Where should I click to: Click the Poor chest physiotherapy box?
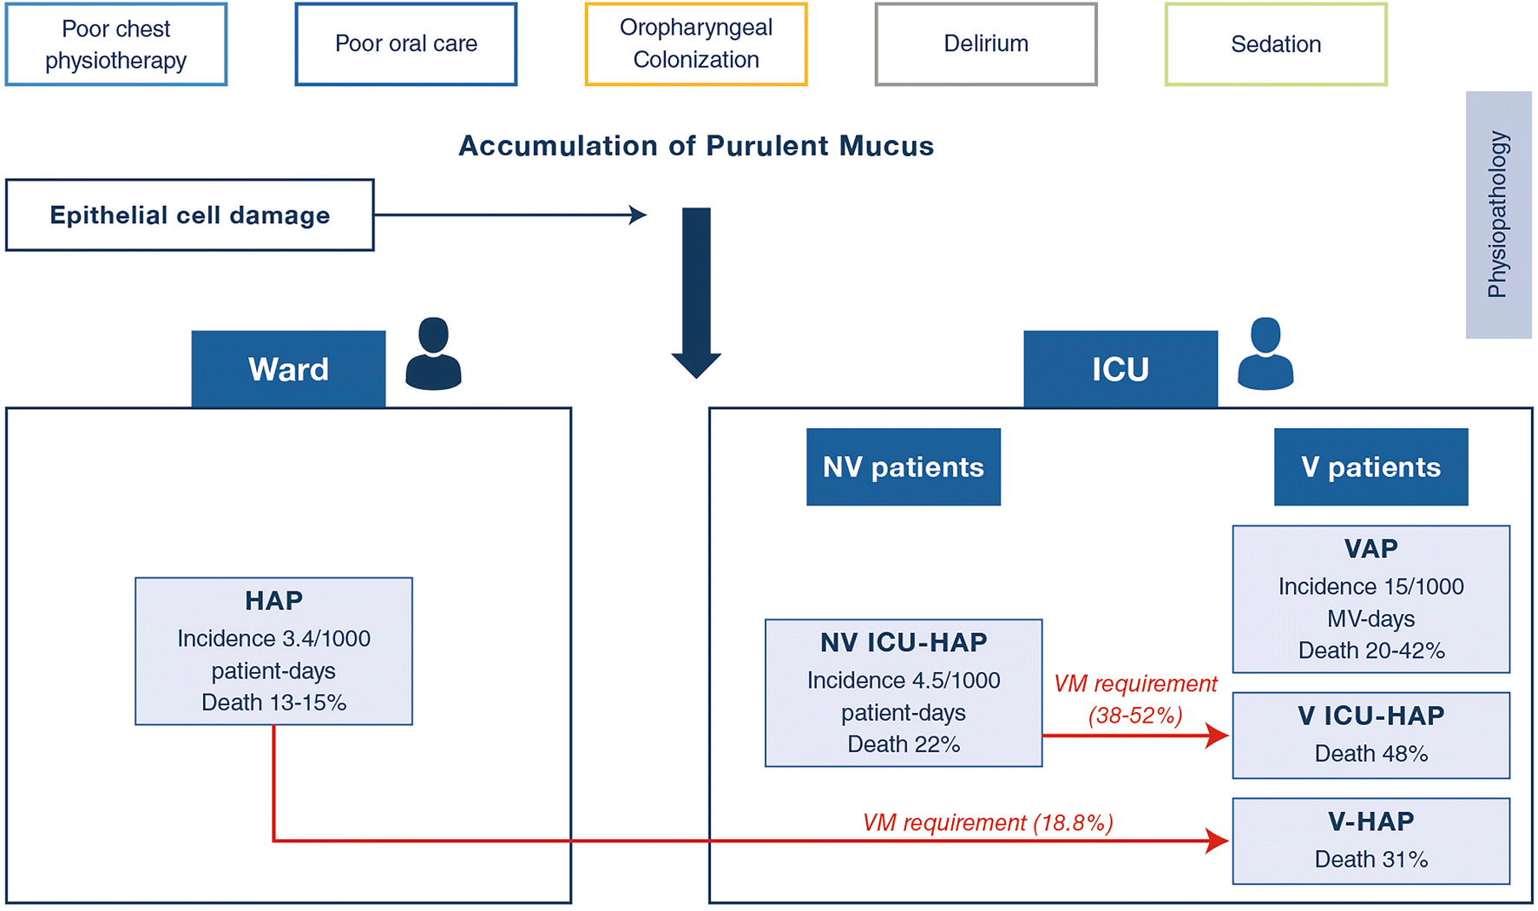tap(115, 44)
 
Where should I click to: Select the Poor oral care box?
tap(405, 44)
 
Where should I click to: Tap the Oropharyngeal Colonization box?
tap(695, 44)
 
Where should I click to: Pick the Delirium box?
tap(985, 44)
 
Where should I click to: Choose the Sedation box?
tap(1275, 44)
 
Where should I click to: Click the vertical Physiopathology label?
tap(1498, 215)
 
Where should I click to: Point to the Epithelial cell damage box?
tap(189, 215)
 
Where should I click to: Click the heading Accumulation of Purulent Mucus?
tap(695, 146)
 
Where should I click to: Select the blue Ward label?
tap(288, 369)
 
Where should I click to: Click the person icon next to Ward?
tap(433, 354)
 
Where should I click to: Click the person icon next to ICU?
tap(1265, 354)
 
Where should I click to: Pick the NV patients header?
tap(903, 467)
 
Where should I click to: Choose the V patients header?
tap(1370, 467)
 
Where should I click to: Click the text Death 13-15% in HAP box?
tap(273, 703)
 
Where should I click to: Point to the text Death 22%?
tap(903, 744)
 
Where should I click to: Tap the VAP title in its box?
tap(1370, 549)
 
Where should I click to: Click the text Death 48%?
tap(1370, 754)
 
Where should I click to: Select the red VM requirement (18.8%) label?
tap(987, 822)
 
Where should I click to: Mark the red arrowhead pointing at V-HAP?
tap(1218, 841)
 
